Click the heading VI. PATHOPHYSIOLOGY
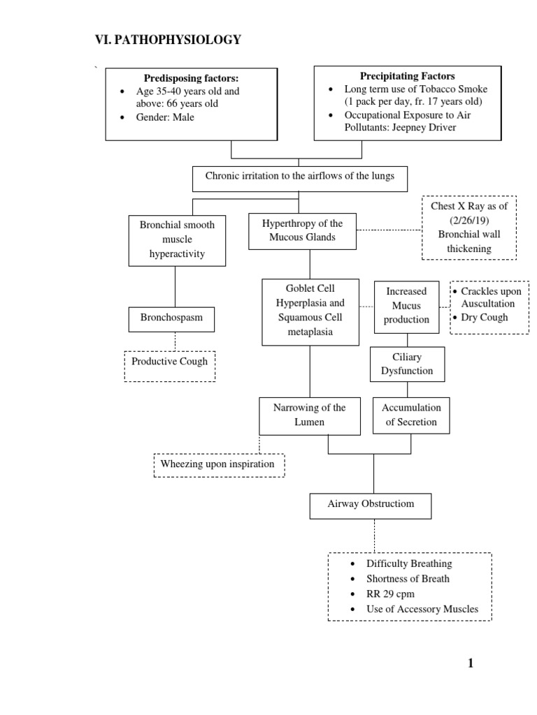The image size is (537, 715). (168, 40)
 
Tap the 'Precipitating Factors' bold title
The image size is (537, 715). (407, 76)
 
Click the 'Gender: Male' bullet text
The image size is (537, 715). (165, 117)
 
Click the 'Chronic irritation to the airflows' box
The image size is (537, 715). (299, 177)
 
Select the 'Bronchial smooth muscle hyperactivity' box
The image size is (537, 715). (177, 239)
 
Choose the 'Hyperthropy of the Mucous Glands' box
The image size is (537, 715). (302, 231)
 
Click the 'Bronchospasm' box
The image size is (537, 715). (171, 318)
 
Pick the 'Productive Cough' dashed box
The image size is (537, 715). (170, 362)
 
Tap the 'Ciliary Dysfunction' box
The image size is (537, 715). (406, 364)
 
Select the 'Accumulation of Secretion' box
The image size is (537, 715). (411, 415)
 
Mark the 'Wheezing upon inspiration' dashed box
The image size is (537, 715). (218, 464)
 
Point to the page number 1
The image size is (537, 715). (471, 663)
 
